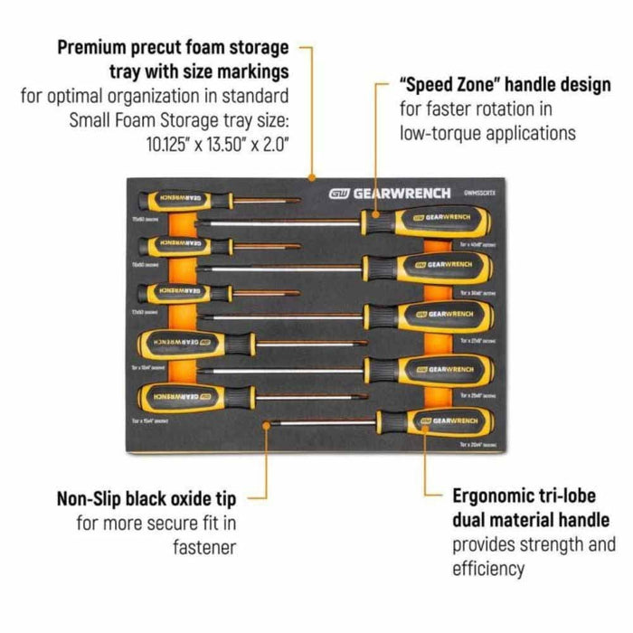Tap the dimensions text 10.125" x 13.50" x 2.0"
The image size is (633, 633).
pos(222,142)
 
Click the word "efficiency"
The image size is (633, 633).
pos(488,569)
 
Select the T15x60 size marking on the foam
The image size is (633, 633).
pos(144,218)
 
